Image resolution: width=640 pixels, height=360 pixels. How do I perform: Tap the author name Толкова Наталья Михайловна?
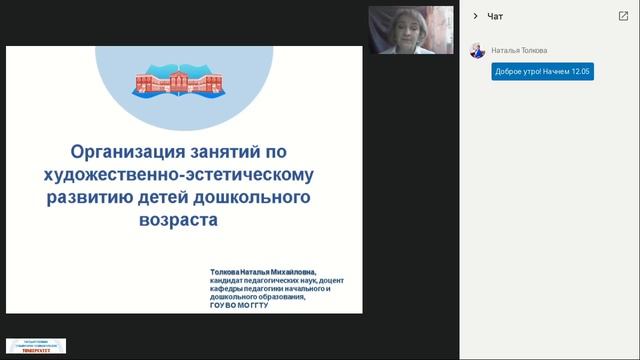click(263, 270)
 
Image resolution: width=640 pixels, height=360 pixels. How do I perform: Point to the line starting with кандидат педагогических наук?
click(275, 280)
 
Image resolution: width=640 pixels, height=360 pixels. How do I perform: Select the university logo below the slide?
click(37, 345)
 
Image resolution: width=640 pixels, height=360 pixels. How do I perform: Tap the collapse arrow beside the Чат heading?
click(475, 16)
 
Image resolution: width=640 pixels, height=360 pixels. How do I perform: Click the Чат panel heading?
click(495, 16)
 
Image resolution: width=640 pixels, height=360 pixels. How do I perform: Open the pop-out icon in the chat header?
click(623, 16)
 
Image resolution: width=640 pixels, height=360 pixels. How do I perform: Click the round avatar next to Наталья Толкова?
click(477, 50)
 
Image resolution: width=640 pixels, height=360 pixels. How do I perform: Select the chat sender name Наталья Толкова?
click(519, 50)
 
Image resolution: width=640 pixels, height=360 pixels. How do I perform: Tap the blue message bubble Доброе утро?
click(542, 72)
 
